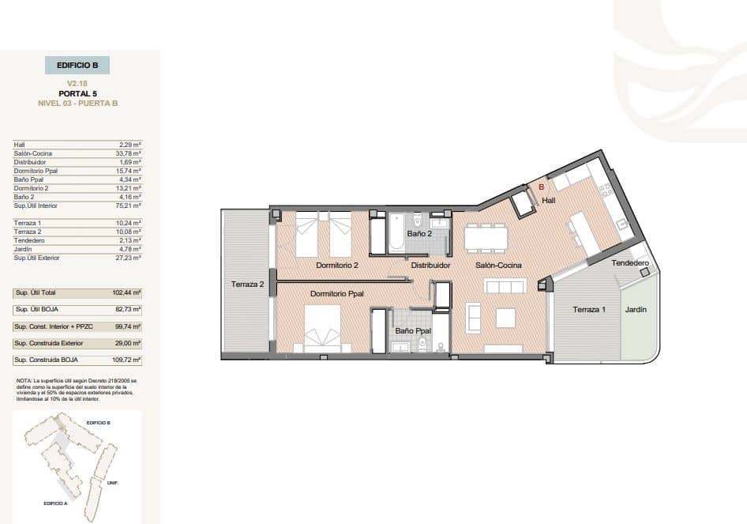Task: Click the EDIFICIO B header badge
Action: [77, 66]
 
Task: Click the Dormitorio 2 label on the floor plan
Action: [337, 266]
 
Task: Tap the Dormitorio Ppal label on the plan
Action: [337, 294]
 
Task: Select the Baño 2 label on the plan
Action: [419, 234]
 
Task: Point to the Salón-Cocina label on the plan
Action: [498, 266]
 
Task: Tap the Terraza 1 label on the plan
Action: [589, 310]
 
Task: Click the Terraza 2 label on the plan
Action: [247, 285]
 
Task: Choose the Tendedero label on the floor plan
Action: [630, 263]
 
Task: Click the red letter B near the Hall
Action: [541, 187]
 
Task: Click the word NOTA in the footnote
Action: [23, 380]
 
